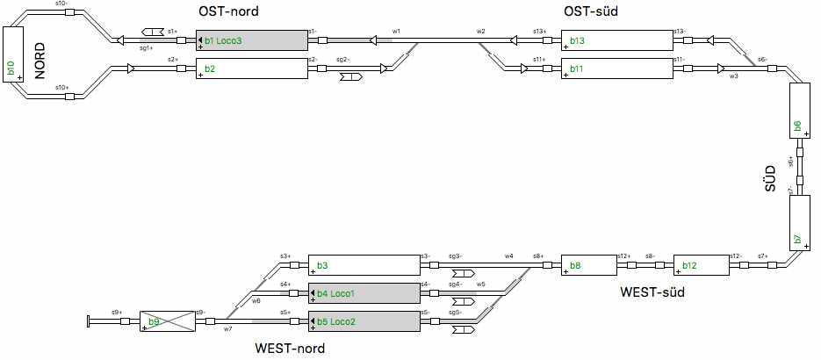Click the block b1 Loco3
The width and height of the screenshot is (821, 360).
[251, 40]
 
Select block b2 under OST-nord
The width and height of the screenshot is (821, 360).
[251, 68]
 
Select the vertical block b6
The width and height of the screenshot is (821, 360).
[799, 112]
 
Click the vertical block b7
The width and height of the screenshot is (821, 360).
[799, 223]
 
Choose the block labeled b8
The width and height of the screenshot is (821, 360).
[588, 265]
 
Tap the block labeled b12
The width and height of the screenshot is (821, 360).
[701, 265]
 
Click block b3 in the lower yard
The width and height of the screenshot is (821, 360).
[364, 265]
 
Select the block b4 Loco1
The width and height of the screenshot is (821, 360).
[364, 293]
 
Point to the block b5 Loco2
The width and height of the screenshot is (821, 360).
[364, 321]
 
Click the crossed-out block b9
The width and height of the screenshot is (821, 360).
[167, 321]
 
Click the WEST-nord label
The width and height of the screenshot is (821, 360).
[290, 349]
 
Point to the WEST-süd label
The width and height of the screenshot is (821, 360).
[652, 292]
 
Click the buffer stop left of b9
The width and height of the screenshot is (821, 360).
[89, 321]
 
